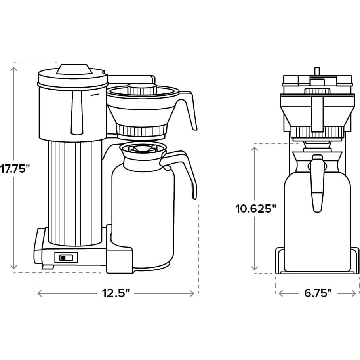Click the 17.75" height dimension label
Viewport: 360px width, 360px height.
point(15,168)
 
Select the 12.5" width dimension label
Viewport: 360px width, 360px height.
point(116,293)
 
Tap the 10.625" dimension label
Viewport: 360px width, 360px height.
point(255,208)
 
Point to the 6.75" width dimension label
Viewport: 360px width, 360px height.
point(318,293)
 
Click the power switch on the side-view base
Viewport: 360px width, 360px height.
point(66,258)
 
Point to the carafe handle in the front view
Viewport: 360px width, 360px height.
point(317,184)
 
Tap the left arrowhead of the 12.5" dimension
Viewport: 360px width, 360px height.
point(39,293)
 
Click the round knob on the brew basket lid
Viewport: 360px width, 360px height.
point(141,89)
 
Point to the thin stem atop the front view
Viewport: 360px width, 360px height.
point(317,71)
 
